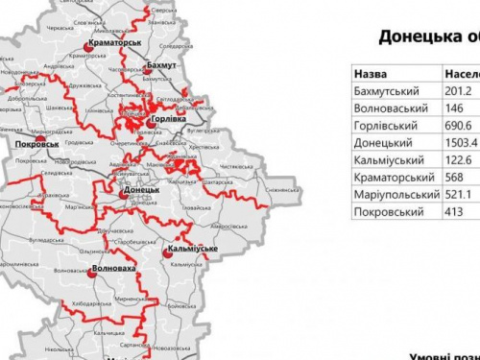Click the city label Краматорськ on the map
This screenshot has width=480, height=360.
[x=113, y=43]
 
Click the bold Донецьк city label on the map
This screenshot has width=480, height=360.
[x=141, y=190]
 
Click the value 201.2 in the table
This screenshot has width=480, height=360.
[x=461, y=91]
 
